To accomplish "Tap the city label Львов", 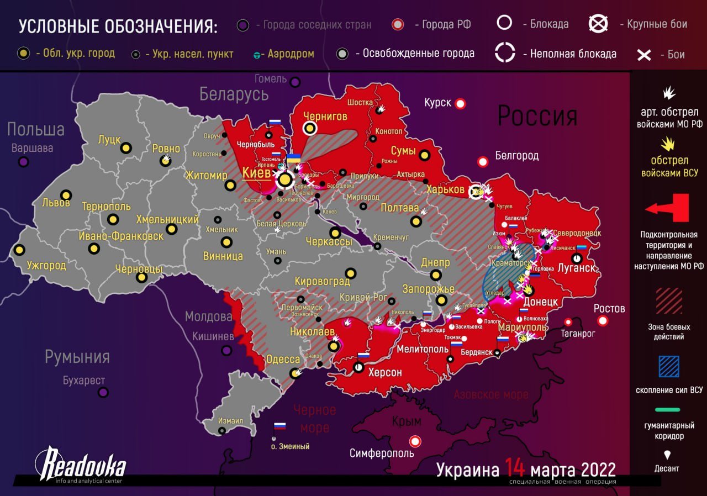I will (56, 203).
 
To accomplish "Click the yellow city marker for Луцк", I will (126, 148).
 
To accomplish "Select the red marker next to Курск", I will (460, 103).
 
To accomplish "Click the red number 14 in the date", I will (514, 469).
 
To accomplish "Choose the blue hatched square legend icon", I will (669, 367).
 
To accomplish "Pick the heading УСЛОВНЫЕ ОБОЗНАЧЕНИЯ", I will (118, 27).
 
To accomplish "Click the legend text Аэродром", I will (291, 54).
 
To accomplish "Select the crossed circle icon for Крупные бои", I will (598, 24).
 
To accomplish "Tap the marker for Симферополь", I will (414, 441).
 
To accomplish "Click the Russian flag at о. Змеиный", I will (280, 426).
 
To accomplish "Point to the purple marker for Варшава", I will (23, 162).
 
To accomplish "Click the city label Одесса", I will (283, 360).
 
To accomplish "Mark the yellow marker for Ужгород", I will (19, 250).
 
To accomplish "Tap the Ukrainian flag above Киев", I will (293, 159).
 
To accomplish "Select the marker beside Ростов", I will (603, 321).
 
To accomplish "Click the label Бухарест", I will (83, 381).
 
